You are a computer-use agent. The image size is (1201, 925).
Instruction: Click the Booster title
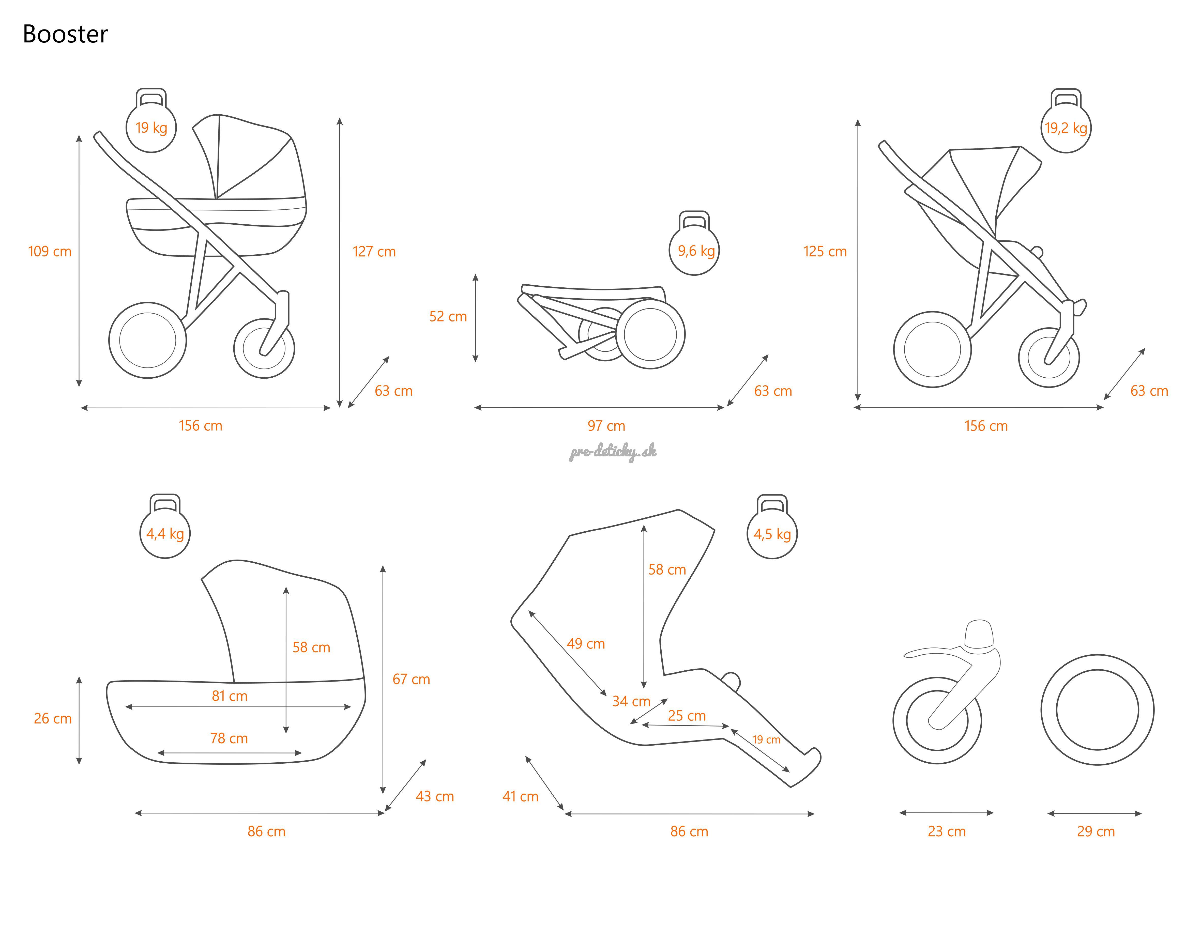65,34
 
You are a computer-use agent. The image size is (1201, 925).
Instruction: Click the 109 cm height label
50,251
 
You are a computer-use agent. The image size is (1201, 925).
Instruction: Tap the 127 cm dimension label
374,251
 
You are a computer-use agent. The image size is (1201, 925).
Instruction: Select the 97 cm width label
606,426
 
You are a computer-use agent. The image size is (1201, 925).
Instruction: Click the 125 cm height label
825,251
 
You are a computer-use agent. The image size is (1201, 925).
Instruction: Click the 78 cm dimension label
229,738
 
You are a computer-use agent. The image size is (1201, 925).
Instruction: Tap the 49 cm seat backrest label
586,643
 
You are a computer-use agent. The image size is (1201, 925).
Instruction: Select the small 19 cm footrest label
766,740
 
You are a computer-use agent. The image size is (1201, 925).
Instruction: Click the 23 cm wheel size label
946,831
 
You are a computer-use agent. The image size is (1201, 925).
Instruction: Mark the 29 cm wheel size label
1096,831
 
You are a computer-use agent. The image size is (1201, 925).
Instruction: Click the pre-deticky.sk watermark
613,452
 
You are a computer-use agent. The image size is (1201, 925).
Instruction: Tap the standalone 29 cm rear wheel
1097,710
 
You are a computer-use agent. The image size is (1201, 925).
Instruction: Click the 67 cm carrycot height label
411,679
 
